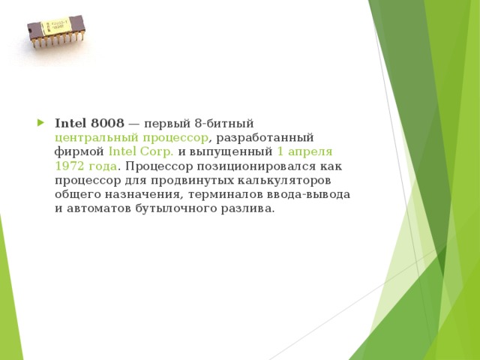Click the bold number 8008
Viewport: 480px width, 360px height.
[106, 123]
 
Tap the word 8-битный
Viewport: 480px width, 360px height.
[228, 123]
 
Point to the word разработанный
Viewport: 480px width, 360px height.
[265, 137]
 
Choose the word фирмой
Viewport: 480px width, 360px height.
[79, 151]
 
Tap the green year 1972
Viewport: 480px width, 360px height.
[70, 166]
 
